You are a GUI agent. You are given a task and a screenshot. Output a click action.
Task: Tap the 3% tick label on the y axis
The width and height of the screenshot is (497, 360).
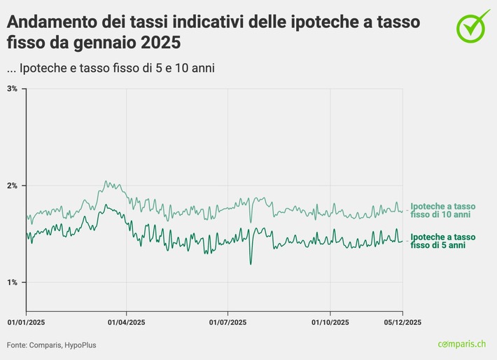13,89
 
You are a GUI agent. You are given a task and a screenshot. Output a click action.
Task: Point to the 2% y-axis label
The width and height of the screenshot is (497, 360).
13,186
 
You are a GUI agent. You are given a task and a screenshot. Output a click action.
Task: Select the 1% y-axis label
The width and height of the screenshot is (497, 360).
13,282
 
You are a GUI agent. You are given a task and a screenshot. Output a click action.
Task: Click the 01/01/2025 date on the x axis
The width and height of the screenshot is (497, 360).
26,323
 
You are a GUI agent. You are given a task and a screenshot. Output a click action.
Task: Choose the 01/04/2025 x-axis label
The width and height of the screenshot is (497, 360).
126,323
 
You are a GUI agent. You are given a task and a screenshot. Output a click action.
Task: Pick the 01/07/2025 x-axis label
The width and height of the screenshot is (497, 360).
228,323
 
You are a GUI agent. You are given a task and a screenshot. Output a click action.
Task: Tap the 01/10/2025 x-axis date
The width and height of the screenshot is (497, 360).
330,323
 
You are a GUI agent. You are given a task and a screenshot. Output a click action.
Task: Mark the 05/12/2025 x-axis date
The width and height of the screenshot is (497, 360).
402,323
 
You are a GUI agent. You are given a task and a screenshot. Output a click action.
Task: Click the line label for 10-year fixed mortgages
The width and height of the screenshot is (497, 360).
442,211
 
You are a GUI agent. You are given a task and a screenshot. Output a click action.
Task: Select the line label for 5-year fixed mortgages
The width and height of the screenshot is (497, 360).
442,242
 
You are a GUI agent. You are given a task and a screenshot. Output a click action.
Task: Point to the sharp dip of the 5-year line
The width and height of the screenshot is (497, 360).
251,263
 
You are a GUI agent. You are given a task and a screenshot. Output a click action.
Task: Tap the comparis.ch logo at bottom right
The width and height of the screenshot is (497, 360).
462,344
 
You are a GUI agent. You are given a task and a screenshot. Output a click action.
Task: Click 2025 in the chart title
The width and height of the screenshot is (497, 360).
159,43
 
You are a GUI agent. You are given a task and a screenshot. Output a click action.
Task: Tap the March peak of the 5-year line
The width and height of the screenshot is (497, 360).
105,206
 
